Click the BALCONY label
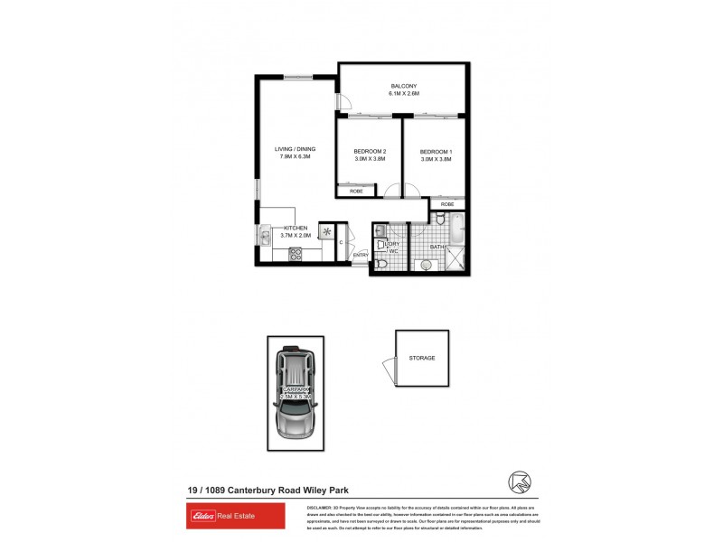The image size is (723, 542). [404, 86]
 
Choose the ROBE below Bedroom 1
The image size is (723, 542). [448, 205]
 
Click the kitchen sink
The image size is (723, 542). [265, 238]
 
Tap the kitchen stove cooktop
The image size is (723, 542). [295, 255]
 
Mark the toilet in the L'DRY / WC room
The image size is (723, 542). [382, 264]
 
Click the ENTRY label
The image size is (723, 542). [361, 255]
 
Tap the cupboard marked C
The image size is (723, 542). [342, 242]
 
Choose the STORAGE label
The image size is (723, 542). [422, 358]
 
